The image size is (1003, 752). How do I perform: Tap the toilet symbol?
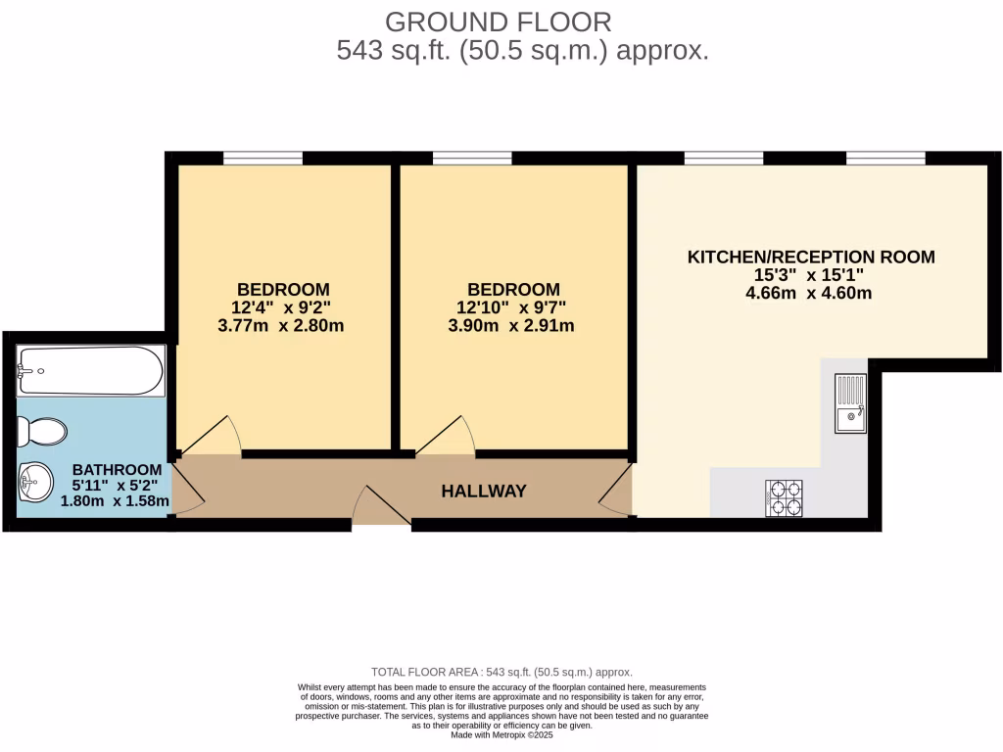pos(44,431)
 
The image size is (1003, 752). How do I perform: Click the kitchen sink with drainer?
pos(850,404)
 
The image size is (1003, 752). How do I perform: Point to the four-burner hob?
pos(784,497)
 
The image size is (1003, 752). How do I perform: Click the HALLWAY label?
pos(484,492)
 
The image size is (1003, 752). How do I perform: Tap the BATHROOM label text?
pos(116,470)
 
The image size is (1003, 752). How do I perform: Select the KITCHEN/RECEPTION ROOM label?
pos(811,258)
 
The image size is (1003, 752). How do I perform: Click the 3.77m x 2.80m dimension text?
pos(280,325)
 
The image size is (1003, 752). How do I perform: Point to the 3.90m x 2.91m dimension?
pos(511,325)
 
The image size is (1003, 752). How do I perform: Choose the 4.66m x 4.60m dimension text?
pos(808,293)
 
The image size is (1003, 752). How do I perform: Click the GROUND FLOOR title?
pos(499,22)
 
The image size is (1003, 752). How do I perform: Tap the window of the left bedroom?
pos(263,158)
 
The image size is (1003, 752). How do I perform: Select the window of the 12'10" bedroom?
pos(472,158)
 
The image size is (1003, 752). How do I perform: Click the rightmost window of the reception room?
pos(885,158)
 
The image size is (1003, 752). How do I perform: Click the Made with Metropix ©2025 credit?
pos(501,734)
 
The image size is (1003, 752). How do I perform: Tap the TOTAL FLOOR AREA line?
pos(501,672)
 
